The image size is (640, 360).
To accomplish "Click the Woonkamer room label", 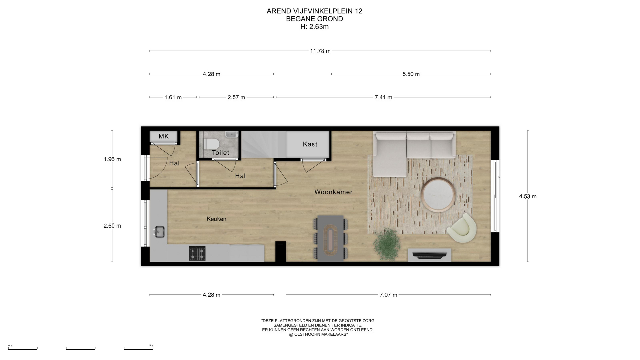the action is pos(333,192).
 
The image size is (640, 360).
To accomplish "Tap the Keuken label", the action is pos(216,219).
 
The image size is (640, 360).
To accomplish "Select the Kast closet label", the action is pos(310,144).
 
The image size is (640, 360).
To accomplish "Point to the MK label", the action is pos(164,136).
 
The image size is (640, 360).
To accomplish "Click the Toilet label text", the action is pos(220,153).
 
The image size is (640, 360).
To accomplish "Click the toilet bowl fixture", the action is pos(211,144).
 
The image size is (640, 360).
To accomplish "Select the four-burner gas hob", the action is pos(197,253).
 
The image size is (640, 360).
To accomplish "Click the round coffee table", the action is pos(438,195).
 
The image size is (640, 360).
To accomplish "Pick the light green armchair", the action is pos(462,228).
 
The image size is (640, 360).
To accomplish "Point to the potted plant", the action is pos(387,244).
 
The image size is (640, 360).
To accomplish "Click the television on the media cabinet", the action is pos(429,255).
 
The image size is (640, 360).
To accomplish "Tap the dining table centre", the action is pos(331,238).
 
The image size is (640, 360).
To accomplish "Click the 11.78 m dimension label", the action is pos(320,51).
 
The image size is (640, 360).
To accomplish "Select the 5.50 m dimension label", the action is pos(411,74).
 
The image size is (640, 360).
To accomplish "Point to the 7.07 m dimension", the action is pos(388,295).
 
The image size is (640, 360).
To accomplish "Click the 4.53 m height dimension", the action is pos(528,196).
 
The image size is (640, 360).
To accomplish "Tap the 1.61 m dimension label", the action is pos(173,97).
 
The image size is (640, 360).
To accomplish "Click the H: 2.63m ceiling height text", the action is pos(314,27).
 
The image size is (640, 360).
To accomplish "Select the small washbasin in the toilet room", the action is pos(232,134).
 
